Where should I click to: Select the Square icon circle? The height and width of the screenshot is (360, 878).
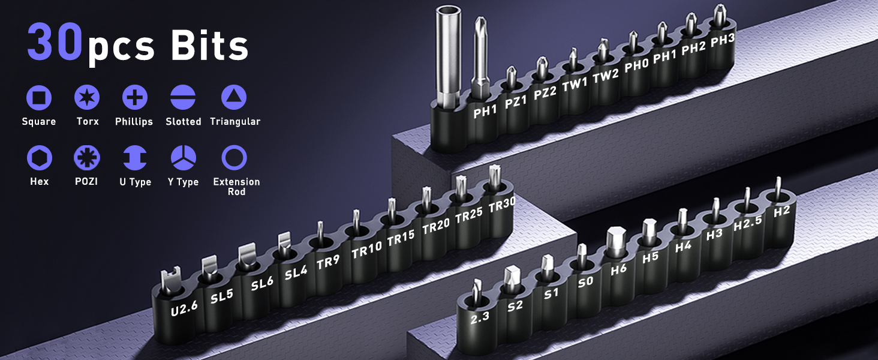(x=39, y=97)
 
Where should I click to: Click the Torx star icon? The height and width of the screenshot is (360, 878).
(x=87, y=97)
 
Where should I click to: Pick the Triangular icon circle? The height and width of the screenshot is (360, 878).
(x=234, y=97)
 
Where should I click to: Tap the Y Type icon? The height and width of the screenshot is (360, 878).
(x=184, y=158)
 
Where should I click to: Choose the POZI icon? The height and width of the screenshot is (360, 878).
(x=86, y=158)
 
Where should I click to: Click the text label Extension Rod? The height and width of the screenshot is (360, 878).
(x=236, y=187)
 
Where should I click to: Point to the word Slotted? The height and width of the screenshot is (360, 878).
(x=184, y=122)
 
